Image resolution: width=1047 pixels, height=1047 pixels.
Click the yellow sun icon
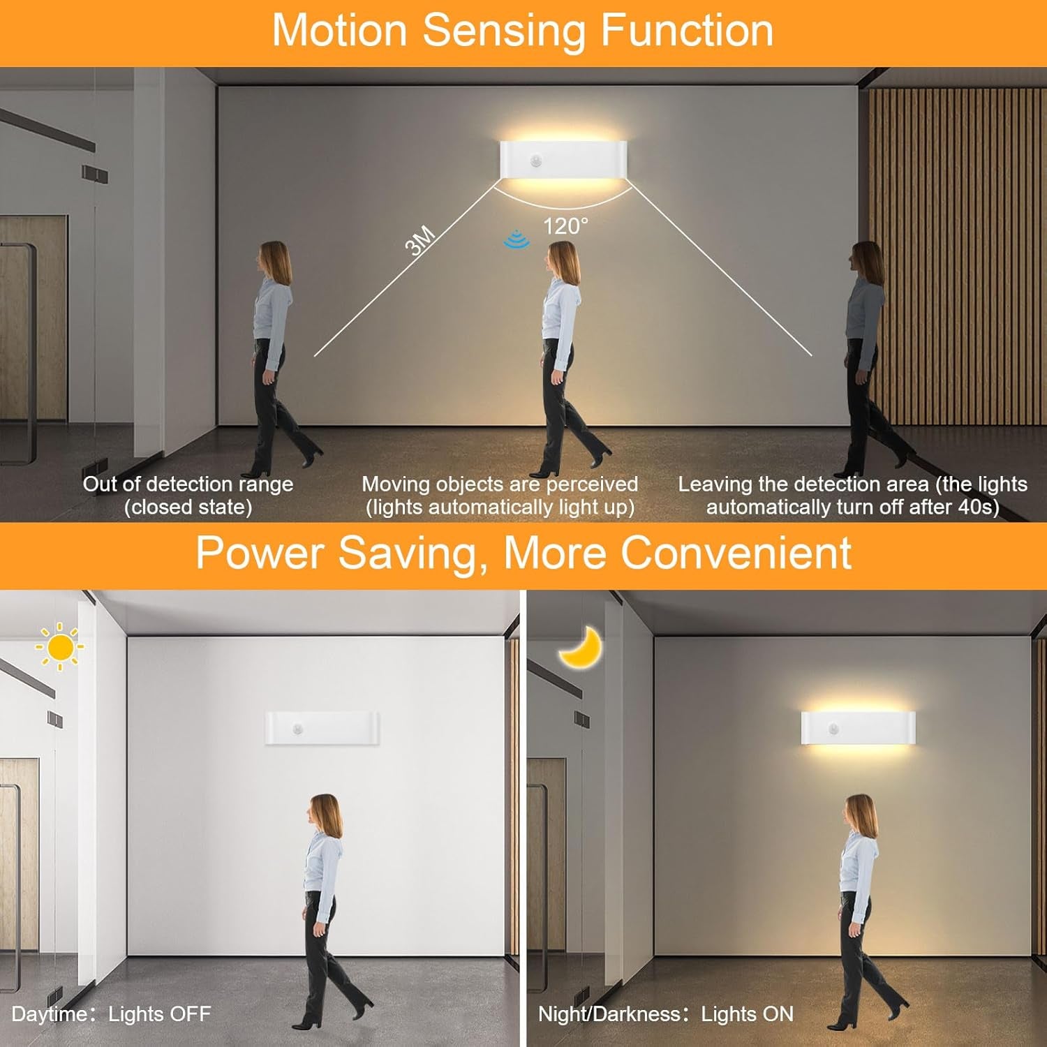pyautogui.click(x=60, y=647)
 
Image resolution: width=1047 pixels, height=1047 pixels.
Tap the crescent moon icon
pyautogui.click(x=581, y=647)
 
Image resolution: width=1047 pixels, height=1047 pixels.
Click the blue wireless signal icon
pyautogui.click(x=517, y=239)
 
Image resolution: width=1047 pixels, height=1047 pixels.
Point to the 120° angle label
pyautogui.click(x=565, y=225)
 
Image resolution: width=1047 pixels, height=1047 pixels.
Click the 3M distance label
pyautogui.click(x=420, y=242)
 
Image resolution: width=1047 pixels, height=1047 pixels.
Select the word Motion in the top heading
pyautogui.click(x=340, y=31)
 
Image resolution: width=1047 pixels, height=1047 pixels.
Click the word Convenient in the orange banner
pyautogui.click(x=736, y=553)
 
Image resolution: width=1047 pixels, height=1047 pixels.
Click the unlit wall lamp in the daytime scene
pyautogui.click(x=322, y=728)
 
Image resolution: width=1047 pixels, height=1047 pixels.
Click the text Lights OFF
pyautogui.click(x=160, y=1014)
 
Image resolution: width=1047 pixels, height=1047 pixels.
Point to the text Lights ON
pyautogui.click(x=748, y=1014)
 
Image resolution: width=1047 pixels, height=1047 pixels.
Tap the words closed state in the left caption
pyautogui.click(x=188, y=507)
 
